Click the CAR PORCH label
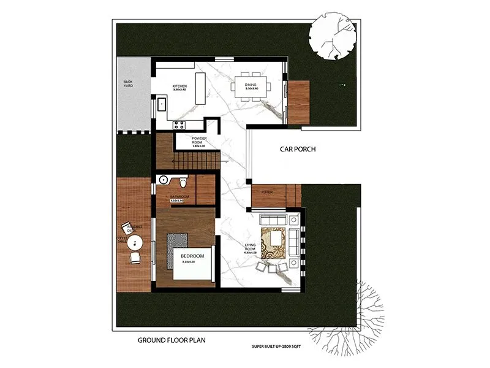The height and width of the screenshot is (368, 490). click(298, 148)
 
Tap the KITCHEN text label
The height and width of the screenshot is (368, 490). click(179, 86)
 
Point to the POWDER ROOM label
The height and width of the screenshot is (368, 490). click(198, 140)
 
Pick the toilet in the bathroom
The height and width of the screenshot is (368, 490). click(184, 182)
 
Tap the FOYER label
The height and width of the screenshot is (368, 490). click(267, 191)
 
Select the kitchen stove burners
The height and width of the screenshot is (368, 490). click(180, 125)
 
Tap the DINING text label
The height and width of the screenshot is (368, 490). click(251, 85)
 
